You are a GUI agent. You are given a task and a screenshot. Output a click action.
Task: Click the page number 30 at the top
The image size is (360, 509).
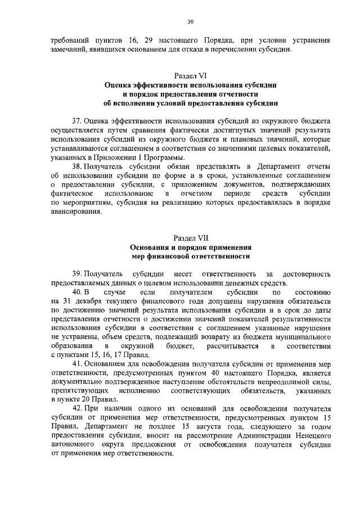tap(190, 21)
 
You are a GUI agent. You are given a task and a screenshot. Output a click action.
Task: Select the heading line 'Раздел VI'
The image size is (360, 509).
tap(190, 74)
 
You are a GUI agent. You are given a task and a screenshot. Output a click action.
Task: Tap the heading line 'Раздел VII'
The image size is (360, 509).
tap(190, 238)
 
